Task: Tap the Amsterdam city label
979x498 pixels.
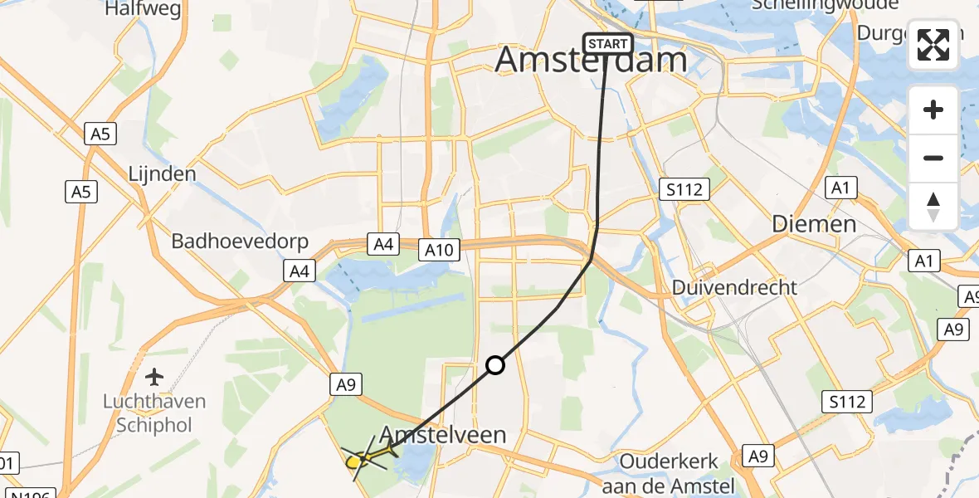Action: (x=592, y=61)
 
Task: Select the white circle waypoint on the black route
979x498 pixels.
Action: (x=495, y=365)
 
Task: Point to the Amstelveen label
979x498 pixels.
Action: (x=443, y=435)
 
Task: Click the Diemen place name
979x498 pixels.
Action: (x=814, y=224)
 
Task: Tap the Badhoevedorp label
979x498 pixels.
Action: (x=240, y=242)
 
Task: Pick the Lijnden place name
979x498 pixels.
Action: (x=163, y=174)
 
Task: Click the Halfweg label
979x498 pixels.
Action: (x=138, y=9)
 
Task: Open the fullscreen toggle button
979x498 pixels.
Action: (x=933, y=45)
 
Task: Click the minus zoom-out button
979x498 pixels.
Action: (x=933, y=158)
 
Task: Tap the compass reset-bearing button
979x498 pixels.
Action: (x=933, y=206)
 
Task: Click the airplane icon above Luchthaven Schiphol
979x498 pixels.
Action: (x=153, y=378)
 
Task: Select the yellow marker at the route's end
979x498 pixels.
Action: (x=354, y=461)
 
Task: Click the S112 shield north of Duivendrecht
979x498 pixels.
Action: (x=684, y=190)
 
